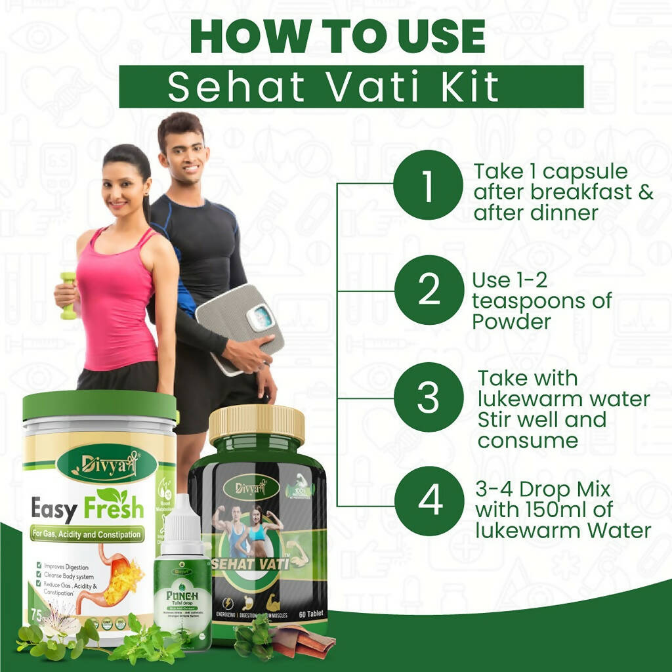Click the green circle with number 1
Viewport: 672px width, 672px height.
click(429, 185)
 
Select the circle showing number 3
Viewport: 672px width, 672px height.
click(429, 397)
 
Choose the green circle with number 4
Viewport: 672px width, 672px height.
click(429, 501)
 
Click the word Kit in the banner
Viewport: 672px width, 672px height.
click(471, 87)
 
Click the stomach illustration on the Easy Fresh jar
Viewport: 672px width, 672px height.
click(121, 577)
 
